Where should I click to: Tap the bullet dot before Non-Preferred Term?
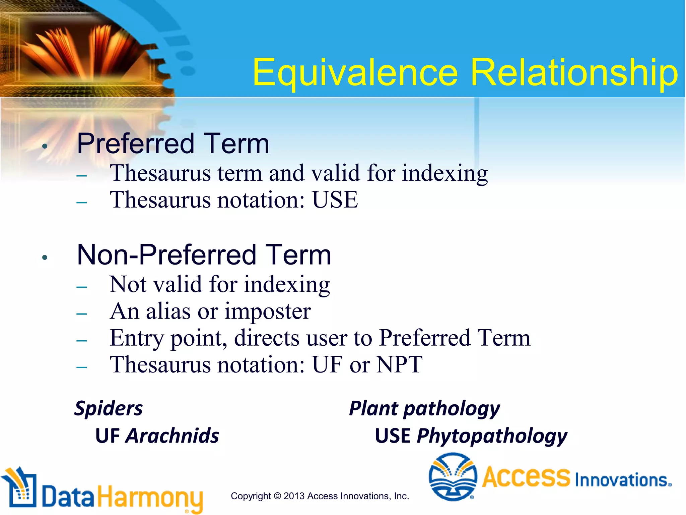tap(45, 257)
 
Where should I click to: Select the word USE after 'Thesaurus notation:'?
tap(335, 200)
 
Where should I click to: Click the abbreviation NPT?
tap(399, 364)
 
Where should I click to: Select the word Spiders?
tap(109, 408)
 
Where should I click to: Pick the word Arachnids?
tap(172, 436)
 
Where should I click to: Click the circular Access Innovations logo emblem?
tap(453, 476)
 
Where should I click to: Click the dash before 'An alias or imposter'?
tap(82, 314)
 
